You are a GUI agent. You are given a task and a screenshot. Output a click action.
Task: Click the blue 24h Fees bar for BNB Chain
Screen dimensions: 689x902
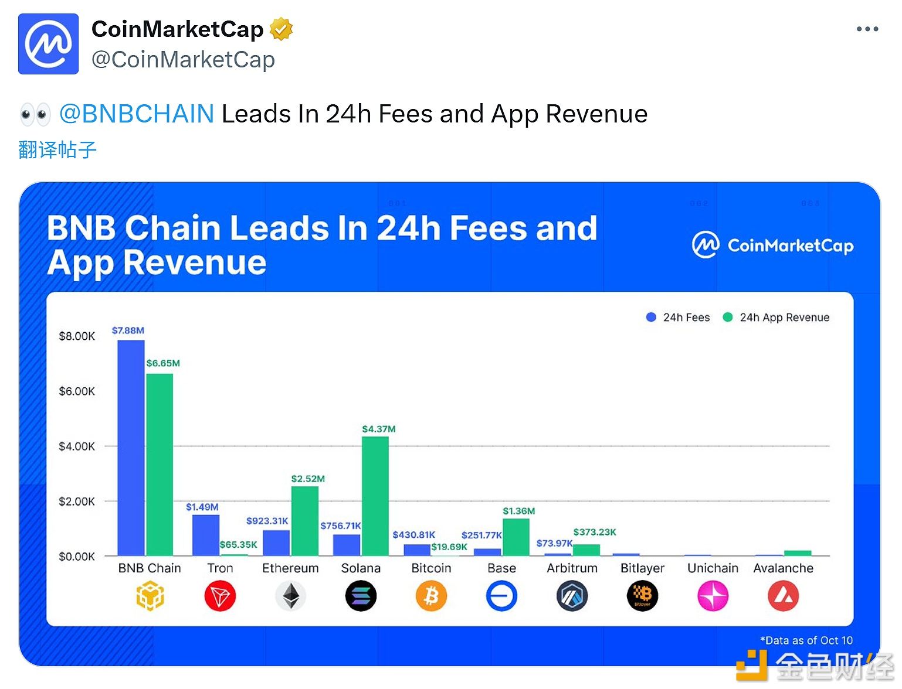[131, 448]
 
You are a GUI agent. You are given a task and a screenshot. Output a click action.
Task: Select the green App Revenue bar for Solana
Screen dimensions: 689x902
[375, 496]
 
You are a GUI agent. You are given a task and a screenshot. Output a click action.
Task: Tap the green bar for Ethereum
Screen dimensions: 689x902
[305, 521]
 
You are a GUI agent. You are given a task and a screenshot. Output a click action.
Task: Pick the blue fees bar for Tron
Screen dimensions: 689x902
[206, 535]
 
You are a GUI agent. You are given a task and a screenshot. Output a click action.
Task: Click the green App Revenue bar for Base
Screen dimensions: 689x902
[516, 537]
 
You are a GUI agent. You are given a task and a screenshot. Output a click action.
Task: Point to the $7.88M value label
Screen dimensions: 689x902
[128, 330]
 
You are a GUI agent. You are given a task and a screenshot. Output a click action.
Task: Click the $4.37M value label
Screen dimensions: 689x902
[379, 429]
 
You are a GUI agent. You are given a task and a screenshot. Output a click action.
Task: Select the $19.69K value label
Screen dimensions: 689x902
[449, 547]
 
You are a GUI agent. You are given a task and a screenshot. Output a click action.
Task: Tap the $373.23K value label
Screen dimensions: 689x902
[595, 532]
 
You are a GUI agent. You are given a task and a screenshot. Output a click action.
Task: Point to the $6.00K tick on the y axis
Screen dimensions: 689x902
[77, 391]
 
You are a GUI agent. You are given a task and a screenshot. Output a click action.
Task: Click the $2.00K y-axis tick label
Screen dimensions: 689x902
[77, 502]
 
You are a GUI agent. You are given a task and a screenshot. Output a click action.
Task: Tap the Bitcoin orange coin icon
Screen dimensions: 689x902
[431, 596]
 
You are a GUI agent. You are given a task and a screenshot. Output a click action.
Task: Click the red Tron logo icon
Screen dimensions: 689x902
[220, 596]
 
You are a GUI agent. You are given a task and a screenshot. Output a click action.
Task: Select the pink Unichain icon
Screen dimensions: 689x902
[713, 596]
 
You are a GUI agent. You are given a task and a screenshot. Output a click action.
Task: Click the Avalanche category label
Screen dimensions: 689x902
[783, 568]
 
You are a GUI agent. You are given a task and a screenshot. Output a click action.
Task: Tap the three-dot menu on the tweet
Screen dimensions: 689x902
[867, 29]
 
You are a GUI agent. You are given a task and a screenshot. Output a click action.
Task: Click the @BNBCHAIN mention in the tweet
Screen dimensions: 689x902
[137, 114]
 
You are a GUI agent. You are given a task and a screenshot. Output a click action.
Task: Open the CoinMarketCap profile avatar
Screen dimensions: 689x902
[48, 44]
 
